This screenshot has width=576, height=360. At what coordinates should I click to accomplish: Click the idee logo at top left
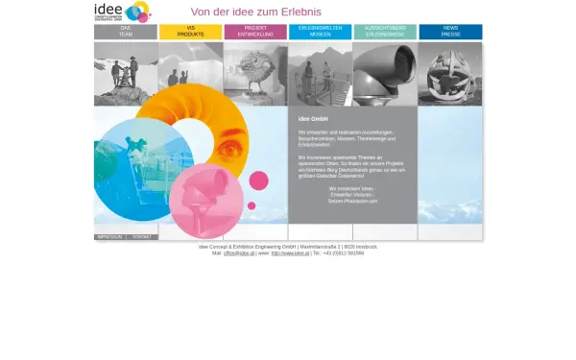[122, 12]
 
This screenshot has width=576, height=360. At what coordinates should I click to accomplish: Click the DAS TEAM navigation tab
[126, 32]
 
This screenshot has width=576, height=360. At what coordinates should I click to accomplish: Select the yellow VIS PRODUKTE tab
[190, 32]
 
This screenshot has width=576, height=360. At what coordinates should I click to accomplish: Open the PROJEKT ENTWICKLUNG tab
[255, 32]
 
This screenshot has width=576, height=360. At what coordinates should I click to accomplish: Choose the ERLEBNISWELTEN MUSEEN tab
[320, 32]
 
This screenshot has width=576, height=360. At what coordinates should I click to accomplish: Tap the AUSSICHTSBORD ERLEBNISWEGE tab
[385, 32]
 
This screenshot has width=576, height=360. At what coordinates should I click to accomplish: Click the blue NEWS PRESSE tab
[450, 32]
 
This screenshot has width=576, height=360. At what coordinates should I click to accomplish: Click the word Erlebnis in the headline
[294, 12]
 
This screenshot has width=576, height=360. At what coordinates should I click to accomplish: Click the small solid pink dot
[258, 180]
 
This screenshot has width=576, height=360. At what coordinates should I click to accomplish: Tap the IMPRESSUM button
[109, 236]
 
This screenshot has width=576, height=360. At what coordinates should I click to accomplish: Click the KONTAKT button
[142, 236]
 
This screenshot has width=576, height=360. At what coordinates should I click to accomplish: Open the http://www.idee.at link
[289, 253]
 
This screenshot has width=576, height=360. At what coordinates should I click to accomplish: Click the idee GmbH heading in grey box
[313, 118]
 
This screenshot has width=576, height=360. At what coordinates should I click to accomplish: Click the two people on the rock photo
[126, 72]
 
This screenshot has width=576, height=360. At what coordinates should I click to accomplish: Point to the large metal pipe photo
[385, 72]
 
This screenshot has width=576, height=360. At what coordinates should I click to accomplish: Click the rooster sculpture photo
[255, 72]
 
